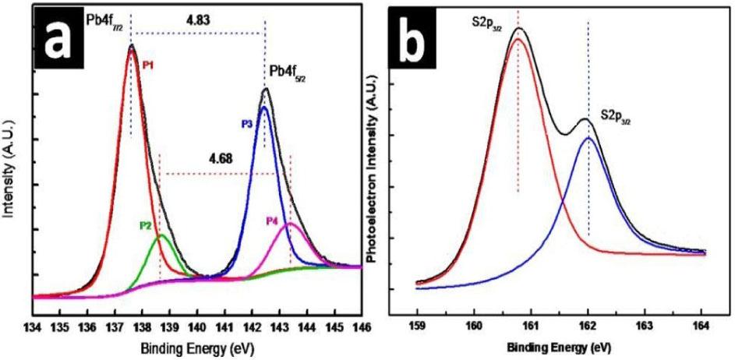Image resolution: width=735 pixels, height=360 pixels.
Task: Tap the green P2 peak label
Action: (146, 225)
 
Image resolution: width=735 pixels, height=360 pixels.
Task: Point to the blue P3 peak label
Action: (247, 123)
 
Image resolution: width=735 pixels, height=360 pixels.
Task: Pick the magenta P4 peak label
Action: (272, 221)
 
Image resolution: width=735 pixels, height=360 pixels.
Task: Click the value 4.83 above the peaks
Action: (197, 16)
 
